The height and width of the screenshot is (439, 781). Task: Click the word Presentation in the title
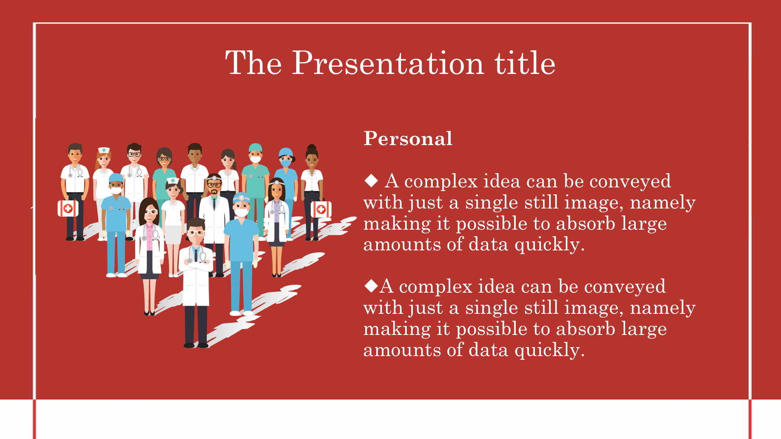click(x=388, y=63)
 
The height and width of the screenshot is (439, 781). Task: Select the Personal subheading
click(x=408, y=139)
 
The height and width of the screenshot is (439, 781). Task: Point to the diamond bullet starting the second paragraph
click(x=371, y=286)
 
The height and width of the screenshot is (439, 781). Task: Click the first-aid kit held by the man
click(x=68, y=208)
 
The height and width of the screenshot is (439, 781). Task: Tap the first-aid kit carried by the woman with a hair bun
click(x=321, y=209)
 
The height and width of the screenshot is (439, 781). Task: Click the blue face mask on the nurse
click(x=286, y=163)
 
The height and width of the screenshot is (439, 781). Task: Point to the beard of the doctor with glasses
click(x=214, y=191)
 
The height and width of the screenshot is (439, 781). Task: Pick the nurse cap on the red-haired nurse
click(x=104, y=150)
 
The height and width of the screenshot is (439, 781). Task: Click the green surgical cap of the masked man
click(x=255, y=147)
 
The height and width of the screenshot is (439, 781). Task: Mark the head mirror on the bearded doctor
click(x=214, y=178)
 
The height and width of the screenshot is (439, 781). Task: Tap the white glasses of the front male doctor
click(x=196, y=233)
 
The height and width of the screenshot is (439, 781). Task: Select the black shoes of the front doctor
click(x=196, y=346)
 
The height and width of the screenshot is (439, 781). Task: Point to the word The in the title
click(x=253, y=63)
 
